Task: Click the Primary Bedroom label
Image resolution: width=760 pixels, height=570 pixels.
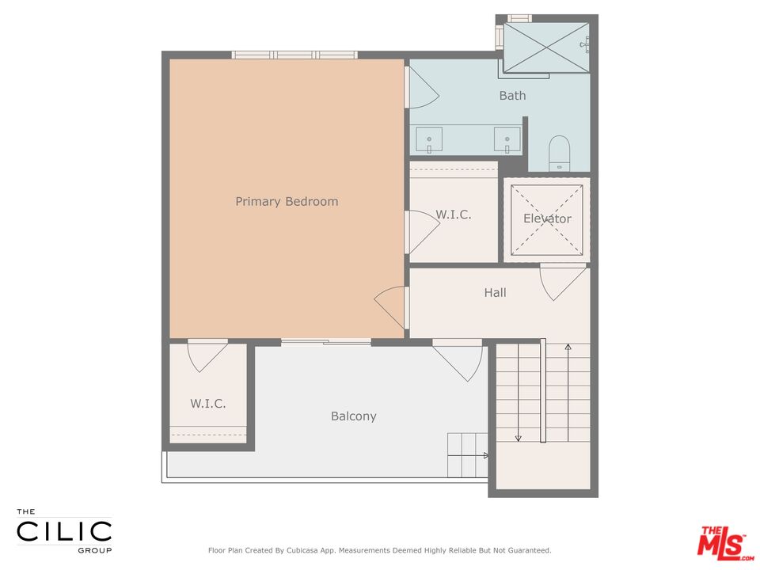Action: coord(287,202)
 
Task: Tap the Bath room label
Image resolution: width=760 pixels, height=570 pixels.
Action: coord(512,96)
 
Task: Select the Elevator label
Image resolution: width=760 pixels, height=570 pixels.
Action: coord(547,218)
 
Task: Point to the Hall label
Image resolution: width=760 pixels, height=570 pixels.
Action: coord(496,293)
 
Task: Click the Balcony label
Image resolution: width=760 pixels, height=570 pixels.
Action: coord(353,416)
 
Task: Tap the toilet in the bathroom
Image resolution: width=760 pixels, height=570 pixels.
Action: coord(560,151)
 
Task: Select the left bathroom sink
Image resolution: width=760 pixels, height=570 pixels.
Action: coord(430,140)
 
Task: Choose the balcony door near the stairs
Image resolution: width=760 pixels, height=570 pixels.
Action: coord(458,358)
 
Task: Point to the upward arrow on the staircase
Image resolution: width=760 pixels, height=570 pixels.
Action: coord(568,348)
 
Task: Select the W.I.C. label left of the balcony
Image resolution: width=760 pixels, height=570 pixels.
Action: coord(208,404)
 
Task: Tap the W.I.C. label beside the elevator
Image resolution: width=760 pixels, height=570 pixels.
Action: coord(454,215)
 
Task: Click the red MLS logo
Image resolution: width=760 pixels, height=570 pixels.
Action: coord(722,542)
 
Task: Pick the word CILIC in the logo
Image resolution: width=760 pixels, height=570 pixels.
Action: coord(64,531)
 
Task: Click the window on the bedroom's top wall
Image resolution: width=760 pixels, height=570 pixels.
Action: coord(294,55)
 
